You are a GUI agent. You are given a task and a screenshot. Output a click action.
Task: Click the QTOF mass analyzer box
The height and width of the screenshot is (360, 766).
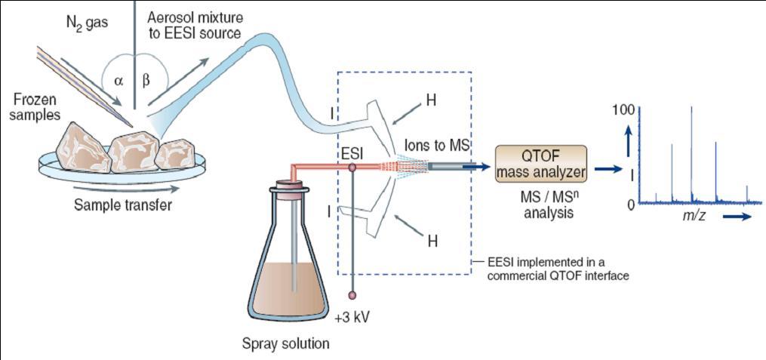click(541, 165)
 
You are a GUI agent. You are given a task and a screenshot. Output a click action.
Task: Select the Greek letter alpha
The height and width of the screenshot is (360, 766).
click(119, 79)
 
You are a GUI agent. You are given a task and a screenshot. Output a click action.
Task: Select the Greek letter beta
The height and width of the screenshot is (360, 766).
click(146, 79)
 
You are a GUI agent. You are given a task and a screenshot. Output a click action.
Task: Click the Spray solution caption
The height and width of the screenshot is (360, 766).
click(285, 344)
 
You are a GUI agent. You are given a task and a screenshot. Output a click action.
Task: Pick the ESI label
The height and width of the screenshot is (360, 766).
click(352, 153)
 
